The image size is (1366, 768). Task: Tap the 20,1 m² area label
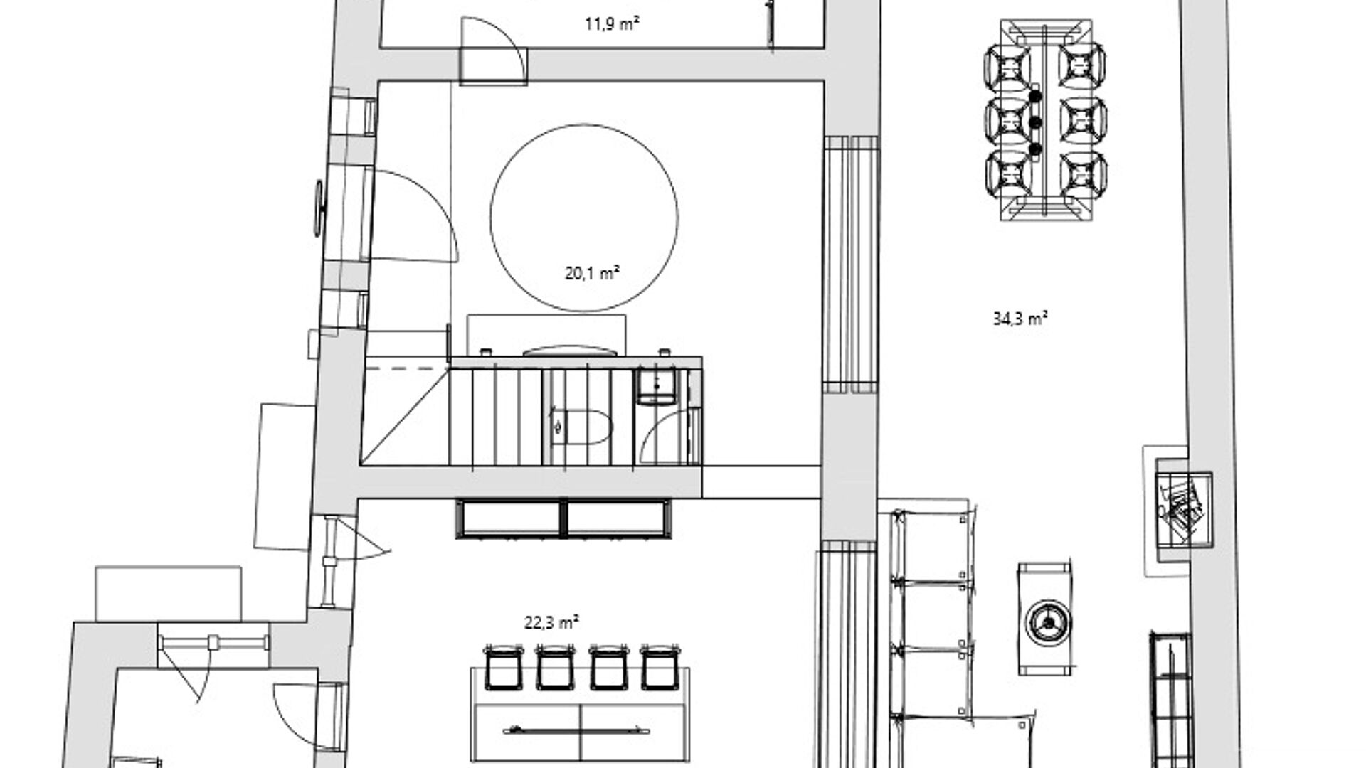[x=592, y=273]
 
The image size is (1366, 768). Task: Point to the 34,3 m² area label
[x=1020, y=319]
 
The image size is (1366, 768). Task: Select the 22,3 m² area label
[x=551, y=623]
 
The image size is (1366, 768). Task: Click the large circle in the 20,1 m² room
[x=583, y=124]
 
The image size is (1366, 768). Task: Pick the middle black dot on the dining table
[x=1036, y=123]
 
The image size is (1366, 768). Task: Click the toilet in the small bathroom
[x=581, y=427]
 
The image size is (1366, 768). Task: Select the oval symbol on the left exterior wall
[x=319, y=207]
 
